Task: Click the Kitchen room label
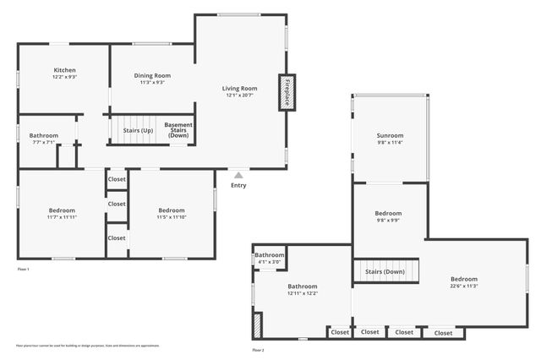(x=65, y=70)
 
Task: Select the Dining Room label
(x=152, y=75)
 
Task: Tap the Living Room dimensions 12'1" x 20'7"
(x=240, y=95)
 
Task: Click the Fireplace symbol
(x=287, y=91)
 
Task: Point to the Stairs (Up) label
(x=138, y=131)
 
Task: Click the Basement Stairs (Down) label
(x=178, y=130)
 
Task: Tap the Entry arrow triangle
(x=239, y=175)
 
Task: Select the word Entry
(x=239, y=185)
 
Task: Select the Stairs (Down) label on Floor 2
(x=385, y=271)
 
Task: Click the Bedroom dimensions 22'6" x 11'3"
(x=463, y=286)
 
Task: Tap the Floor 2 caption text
(x=258, y=350)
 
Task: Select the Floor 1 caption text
(x=23, y=269)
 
